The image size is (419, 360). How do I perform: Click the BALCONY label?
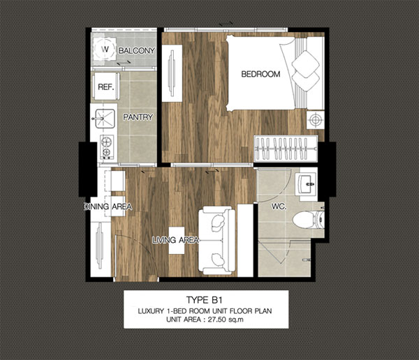tap(137, 50)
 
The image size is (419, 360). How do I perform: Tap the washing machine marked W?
tap(105, 49)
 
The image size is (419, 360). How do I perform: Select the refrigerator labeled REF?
tap(106, 87)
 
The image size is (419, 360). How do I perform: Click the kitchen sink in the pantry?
tap(104, 119)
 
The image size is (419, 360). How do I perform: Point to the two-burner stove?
tap(107, 147)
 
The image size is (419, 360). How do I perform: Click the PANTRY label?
tap(138, 117)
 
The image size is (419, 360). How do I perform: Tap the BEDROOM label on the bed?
tap(260, 74)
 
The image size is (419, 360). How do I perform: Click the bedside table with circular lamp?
tap(316, 119)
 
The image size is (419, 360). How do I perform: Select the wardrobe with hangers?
tap(286, 149)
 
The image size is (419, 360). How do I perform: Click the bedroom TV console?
tap(172, 73)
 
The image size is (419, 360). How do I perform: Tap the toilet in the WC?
tap(309, 220)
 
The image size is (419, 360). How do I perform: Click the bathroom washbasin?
tap(307, 184)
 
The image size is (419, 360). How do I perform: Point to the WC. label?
tap(279, 207)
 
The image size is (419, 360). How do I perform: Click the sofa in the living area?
tap(216, 241)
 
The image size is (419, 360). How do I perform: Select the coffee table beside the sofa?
tap(177, 241)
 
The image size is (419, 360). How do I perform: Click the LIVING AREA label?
tap(175, 240)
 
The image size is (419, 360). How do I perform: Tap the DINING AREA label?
tap(108, 207)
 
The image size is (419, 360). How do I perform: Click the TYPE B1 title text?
tap(205, 300)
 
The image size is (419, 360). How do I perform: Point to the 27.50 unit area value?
tap(217, 320)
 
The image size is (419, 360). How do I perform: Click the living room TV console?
tap(101, 249)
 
